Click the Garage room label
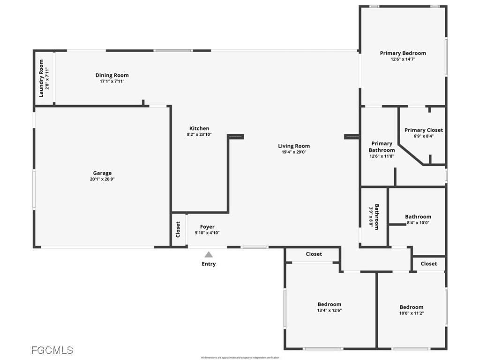pos(102,173)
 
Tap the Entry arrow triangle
pos(209,255)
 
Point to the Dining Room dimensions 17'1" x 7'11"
pos(112,82)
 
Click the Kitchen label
pos(199,128)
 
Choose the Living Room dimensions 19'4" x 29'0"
pos(294,152)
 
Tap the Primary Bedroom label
pos(403,53)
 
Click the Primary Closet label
pos(423,130)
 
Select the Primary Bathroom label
pos(382,147)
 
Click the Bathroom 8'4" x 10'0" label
pos(418,217)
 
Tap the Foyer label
pos(207,227)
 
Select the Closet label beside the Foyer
pos(178,229)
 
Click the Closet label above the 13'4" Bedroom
pos(314,254)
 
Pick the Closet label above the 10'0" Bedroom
pos(428,264)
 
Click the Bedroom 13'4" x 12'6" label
pos(329,304)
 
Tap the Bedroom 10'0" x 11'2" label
pos(411,307)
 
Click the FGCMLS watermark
pos(52,350)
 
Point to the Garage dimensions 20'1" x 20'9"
pos(102,179)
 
